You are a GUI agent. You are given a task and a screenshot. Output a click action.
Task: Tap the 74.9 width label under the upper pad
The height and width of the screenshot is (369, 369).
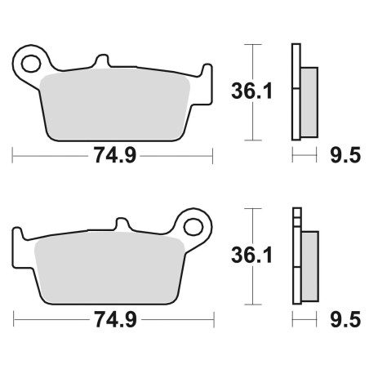pos(114,155)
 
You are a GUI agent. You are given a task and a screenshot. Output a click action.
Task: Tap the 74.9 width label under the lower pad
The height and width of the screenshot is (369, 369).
pos(115,319)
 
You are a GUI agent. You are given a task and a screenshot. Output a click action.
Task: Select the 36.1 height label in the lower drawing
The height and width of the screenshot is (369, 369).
pos(251,256)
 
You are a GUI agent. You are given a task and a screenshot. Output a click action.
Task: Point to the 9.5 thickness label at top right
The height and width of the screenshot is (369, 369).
pos(345,155)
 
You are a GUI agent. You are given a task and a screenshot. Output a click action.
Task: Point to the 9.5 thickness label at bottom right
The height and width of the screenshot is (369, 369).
pos(345,319)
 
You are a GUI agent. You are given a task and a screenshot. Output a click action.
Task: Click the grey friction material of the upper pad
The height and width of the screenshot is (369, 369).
pos(114,104)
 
